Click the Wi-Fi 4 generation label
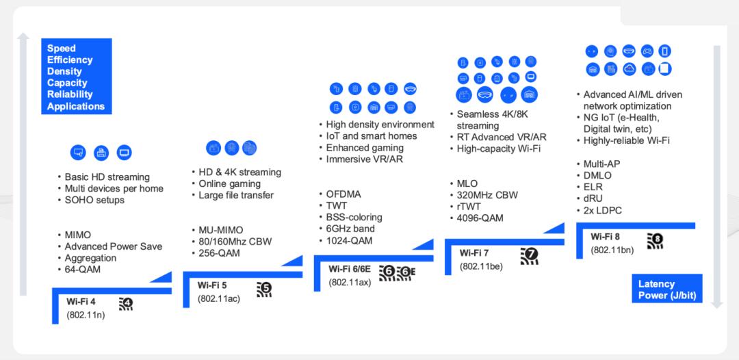tap(81, 302)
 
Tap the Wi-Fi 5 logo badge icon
tap(264, 290)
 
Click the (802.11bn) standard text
tap(612, 250)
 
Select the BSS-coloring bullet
tap(350, 217)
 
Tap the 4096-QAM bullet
tap(476, 218)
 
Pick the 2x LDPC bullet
tap(599, 210)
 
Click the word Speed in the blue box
tap(62, 49)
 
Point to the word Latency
tap(656, 284)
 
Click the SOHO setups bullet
tap(91, 200)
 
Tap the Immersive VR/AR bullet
tap(361, 159)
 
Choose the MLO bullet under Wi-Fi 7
tap(463, 183)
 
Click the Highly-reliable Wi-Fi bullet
tap(623, 140)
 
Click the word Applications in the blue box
tap(76, 107)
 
